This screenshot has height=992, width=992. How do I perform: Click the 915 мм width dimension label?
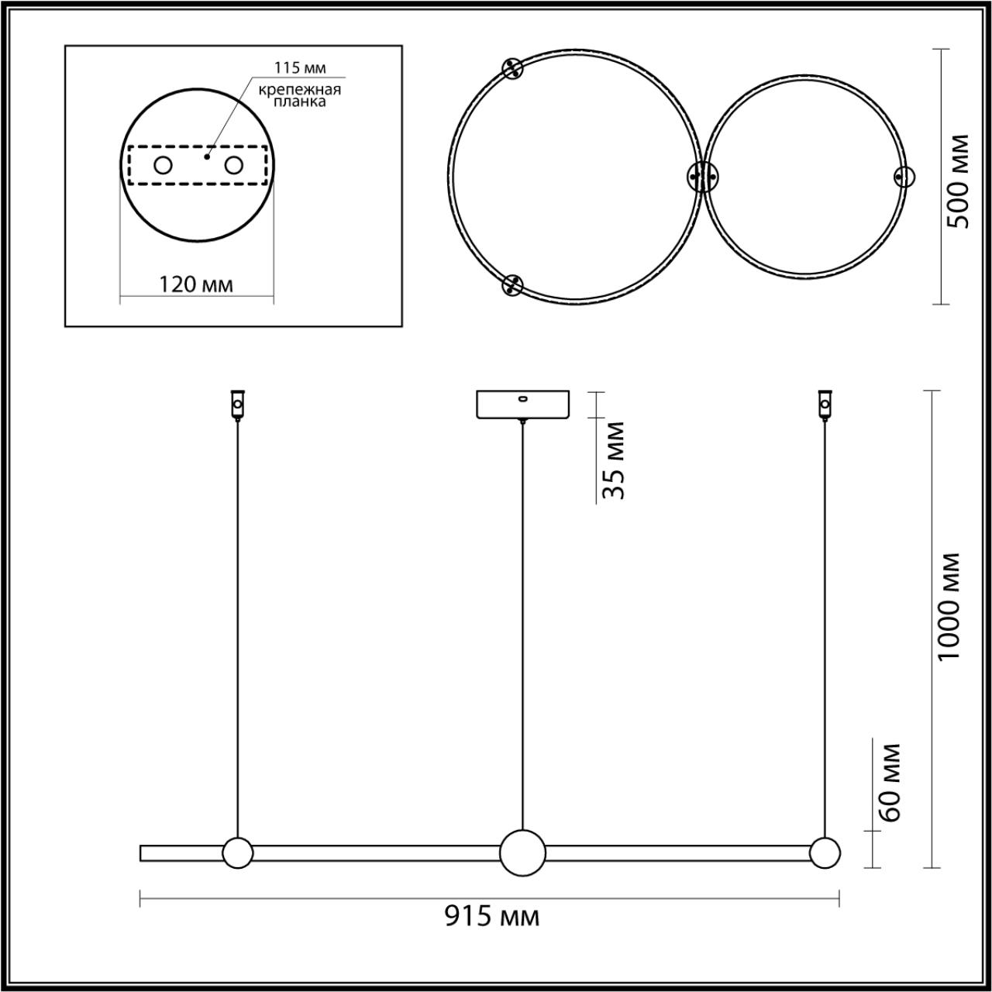(x=491, y=917)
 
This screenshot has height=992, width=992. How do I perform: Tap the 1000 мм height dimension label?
(x=948, y=606)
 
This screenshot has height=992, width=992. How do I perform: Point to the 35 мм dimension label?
(x=613, y=460)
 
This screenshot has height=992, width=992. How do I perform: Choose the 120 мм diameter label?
(x=196, y=284)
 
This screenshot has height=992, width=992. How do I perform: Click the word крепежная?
(x=301, y=89)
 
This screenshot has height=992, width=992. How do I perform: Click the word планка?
(x=301, y=101)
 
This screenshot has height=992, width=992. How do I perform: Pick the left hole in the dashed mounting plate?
(x=163, y=165)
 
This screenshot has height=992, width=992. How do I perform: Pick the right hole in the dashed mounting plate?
(x=234, y=165)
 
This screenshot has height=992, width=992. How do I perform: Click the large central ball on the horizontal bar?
(x=522, y=852)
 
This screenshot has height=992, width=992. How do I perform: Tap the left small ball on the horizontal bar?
(x=237, y=852)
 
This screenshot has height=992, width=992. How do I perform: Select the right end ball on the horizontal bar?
(x=825, y=852)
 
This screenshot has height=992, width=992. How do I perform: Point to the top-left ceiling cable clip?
(x=237, y=404)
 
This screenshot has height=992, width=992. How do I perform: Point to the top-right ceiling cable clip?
(x=825, y=404)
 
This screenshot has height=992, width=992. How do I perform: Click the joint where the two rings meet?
(x=702, y=177)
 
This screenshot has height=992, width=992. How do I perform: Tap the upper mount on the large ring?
(x=511, y=69)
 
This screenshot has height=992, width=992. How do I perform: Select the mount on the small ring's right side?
(x=904, y=177)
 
